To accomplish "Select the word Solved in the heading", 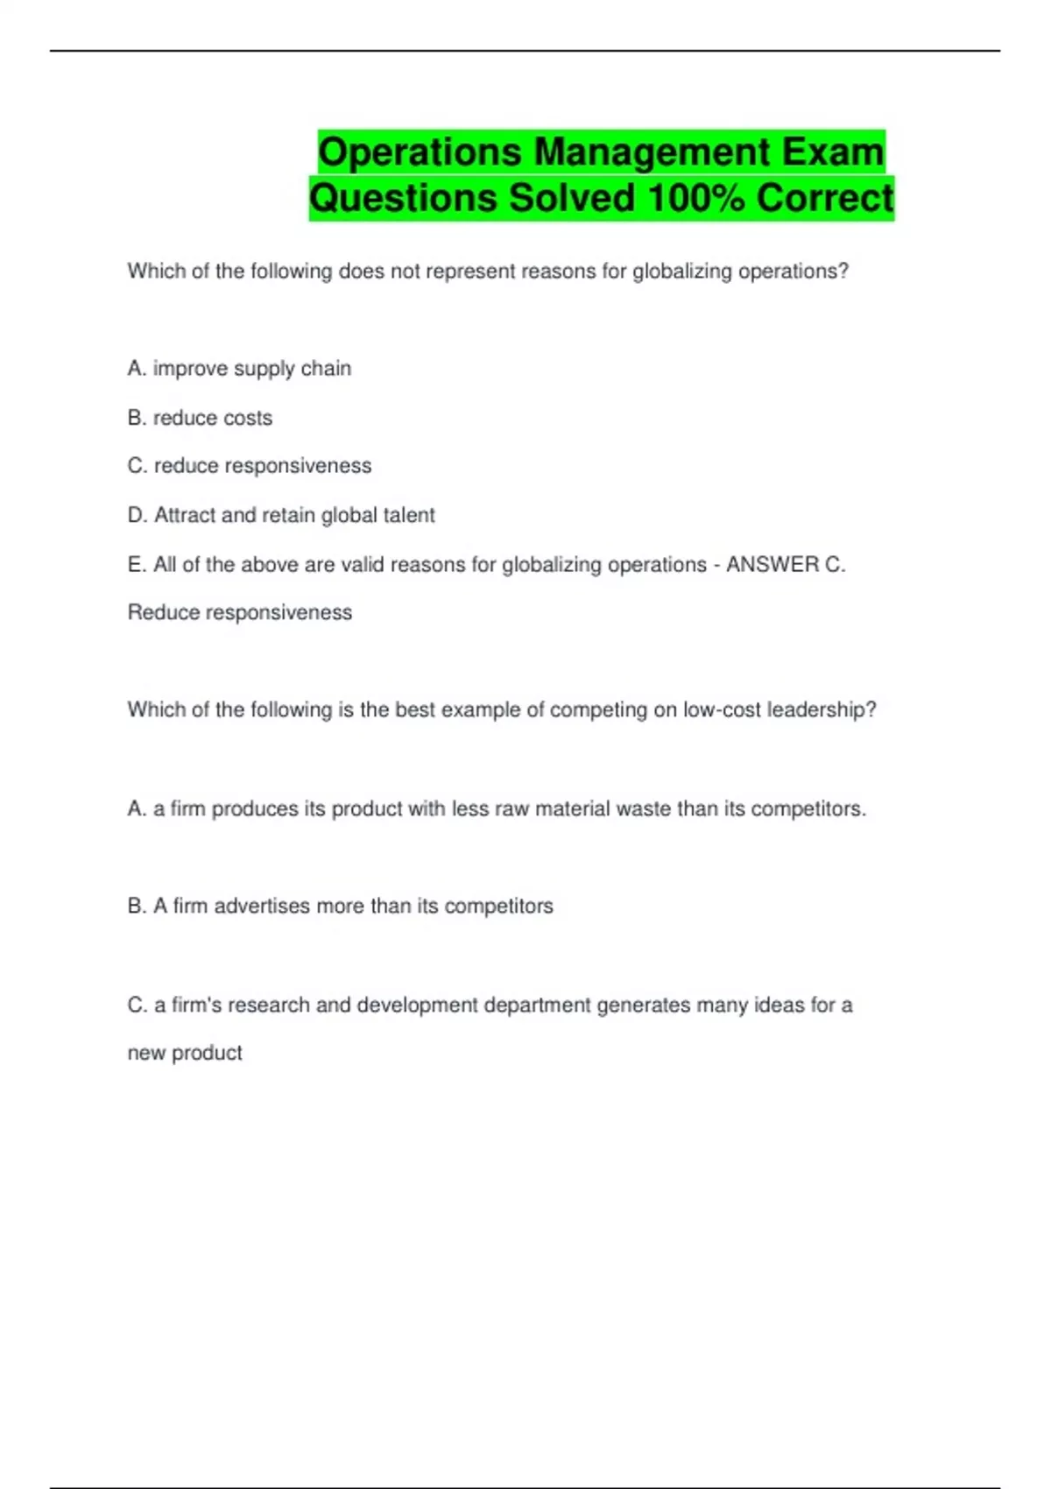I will pyautogui.click(x=573, y=198).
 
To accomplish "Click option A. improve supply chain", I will pyautogui.click(x=239, y=369).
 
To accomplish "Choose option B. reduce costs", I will pyautogui.click(x=200, y=418).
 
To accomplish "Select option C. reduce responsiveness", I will pyautogui.click(x=250, y=466).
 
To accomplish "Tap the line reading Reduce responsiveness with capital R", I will pyautogui.click(x=240, y=612).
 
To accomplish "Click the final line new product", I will pyautogui.click(x=185, y=1053).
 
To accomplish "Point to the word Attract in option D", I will pyautogui.click(x=185, y=515).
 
